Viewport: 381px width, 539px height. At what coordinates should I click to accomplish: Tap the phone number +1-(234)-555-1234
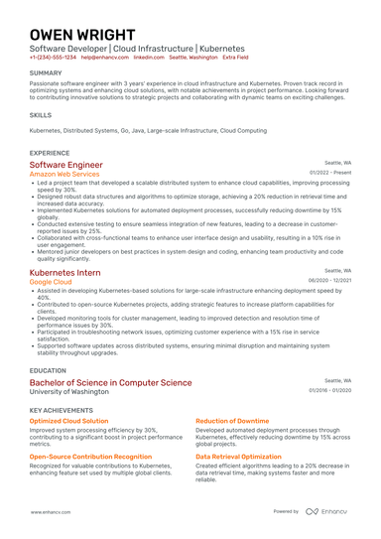click(52, 58)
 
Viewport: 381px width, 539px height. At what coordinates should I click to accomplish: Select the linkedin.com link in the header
click(149, 58)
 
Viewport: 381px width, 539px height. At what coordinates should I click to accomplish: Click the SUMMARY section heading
click(46, 73)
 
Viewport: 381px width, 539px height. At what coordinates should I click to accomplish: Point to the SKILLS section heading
click(41, 115)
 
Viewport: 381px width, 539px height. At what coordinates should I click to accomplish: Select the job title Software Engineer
click(65, 165)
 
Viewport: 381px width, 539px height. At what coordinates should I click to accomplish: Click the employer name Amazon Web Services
click(64, 174)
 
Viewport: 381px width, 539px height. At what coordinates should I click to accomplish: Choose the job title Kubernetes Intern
click(64, 271)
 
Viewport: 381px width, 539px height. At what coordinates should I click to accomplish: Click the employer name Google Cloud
click(51, 281)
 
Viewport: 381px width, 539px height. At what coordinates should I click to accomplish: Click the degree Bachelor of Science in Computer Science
click(110, 382)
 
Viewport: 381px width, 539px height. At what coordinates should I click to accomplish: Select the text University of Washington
click(68, 391)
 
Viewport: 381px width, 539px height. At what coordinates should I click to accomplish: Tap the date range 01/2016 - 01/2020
click(330, 390)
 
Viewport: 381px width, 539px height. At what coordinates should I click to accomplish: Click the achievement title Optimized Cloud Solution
click(69, 421)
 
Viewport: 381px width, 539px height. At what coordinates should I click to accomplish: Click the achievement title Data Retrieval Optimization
click(236, 457)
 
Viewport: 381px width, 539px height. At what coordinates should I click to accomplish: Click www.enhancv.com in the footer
click(48, 511)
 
